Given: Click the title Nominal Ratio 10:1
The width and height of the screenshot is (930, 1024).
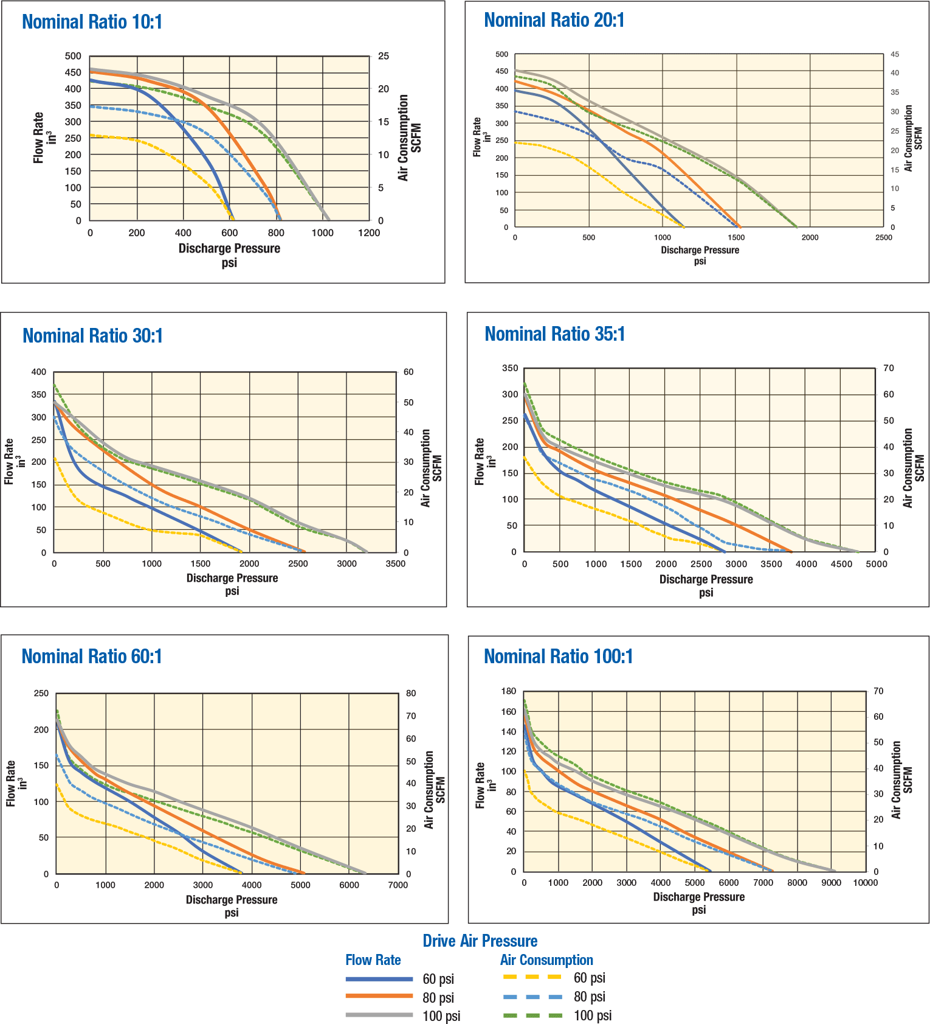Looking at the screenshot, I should pos(92,22).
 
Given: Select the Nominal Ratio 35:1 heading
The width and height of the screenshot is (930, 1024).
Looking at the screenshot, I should pos(554,334).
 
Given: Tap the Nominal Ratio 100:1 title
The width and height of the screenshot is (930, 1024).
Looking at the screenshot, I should pos(558,657).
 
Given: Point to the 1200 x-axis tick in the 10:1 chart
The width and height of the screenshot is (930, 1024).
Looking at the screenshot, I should pos(368,233).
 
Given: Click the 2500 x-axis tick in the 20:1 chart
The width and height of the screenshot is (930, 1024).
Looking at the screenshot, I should pos(883,238).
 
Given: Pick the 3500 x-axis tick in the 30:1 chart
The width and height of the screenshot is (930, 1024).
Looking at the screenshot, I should pos(395,564).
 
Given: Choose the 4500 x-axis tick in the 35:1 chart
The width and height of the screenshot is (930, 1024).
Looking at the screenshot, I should pos(841,564).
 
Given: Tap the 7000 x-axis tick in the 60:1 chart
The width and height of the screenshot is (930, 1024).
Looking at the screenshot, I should pos(398,885).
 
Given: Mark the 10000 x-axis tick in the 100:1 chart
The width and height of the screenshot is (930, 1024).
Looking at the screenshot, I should pos(865,883).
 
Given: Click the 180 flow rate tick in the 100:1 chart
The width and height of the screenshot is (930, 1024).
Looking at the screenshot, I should pos(509,691).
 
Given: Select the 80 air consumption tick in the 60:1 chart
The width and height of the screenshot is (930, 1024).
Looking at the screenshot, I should pos(411,694).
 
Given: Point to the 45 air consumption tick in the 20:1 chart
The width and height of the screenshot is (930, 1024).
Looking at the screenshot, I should pos(895,55).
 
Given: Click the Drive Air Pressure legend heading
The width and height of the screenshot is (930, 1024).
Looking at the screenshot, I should pos(480,941).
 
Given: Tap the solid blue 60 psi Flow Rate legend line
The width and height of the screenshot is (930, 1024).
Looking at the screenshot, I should pos(379,979).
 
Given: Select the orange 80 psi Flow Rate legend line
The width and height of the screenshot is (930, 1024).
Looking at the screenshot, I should pos(379,996).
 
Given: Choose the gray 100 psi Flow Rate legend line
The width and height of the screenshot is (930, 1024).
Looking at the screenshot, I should pos(379,1015).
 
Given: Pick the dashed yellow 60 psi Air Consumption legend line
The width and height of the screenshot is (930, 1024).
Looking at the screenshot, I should pos(532,977).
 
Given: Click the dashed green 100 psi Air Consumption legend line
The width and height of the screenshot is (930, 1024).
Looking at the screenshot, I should pos(532,1015).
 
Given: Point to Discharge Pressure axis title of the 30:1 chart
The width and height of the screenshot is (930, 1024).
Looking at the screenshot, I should pos(232,578).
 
